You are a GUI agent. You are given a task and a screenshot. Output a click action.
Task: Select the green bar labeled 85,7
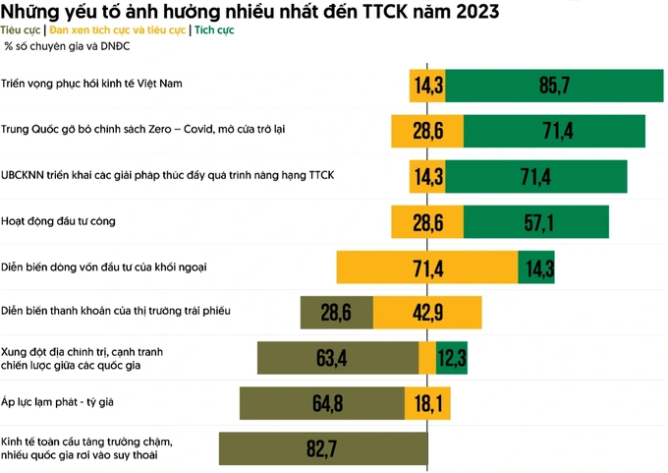[555, 86]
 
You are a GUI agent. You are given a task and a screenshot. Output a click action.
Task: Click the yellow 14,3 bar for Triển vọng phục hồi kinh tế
[428, 86]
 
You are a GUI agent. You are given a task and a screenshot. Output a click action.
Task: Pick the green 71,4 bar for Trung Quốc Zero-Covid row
[554, 131]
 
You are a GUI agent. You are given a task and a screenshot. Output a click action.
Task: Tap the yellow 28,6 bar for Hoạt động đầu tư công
[427, 222]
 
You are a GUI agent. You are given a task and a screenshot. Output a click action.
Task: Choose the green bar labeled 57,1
[536, 222]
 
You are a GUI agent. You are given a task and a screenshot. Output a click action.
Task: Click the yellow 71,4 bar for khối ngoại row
[427, 267]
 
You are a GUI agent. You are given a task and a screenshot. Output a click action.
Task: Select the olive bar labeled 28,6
[336, 313]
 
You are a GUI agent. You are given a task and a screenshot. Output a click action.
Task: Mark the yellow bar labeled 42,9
[427, 313]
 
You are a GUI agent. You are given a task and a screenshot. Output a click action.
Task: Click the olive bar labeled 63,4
[337, 358]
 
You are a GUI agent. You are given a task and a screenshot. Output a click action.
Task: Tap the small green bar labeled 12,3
[452, 358]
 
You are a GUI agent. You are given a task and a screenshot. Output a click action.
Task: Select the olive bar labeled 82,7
[323, 449]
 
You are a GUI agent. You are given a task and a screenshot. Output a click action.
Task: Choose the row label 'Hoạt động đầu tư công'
[58, 221]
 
